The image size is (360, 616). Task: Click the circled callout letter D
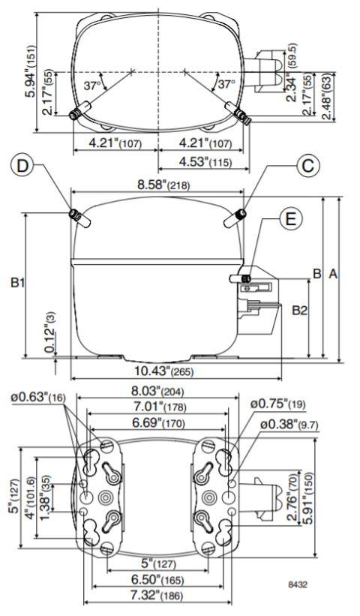pos(24,166)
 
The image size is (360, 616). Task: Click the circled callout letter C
pos(304,166)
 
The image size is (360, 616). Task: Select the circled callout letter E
pos(290,219)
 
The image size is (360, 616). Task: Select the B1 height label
pos(19,284)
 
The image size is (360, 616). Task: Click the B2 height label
pos(298,309)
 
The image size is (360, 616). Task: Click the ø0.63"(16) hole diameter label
pos(38,397)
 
